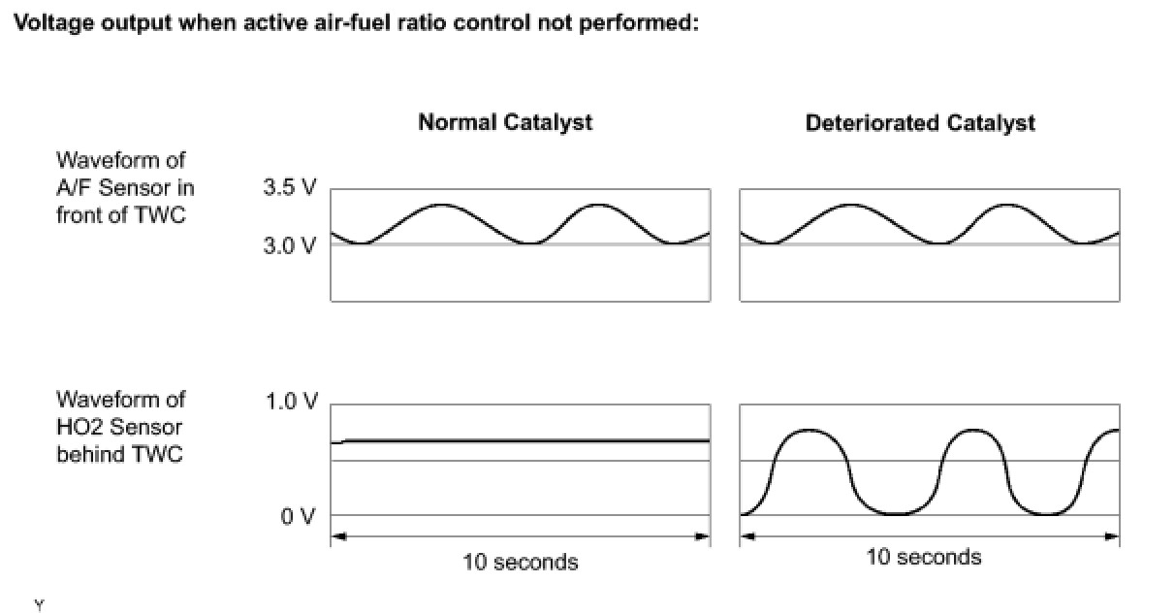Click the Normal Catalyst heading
[x=504, y=123]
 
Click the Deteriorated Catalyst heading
[x=920, y=123]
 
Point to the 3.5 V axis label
[x=289, y=188]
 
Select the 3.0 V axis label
[x=289, y=245]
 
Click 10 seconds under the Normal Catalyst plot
[x=520, y=562]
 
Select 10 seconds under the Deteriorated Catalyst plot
[x=923, y=557]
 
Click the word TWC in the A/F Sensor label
[x=160, y=214]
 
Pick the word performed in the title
[x=649, y=24]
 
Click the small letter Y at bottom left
[x=39, y=605]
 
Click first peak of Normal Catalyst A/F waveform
[x=441, y=205]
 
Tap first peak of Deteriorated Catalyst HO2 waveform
[x=810, y=430]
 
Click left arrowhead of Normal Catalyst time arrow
[x=336, y=535]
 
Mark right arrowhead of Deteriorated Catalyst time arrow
[x=1114, y=535]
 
